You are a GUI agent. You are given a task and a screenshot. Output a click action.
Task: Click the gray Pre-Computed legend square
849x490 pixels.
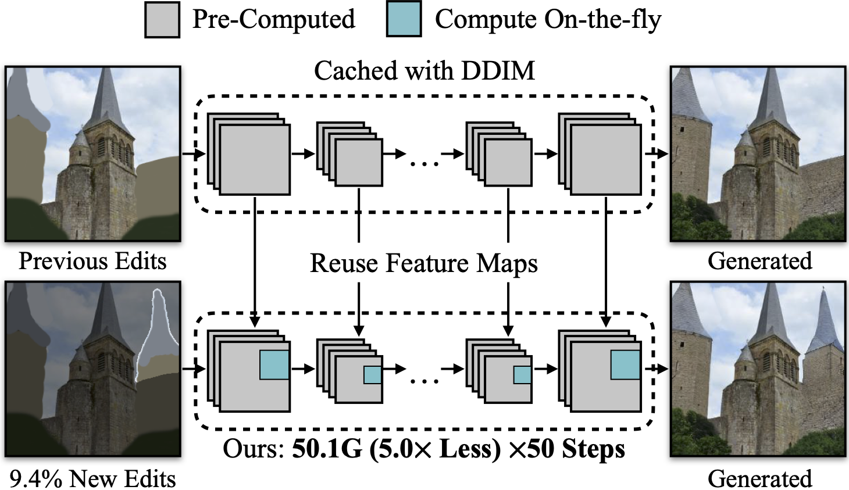click(x=162, y=20)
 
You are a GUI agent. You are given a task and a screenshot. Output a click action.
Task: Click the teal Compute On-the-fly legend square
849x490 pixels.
click(x=404, y=20)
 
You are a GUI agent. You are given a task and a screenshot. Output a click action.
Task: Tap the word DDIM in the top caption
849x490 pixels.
click(x=498, y=71)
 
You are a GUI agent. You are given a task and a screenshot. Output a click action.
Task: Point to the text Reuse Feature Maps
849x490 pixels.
click(x=423, y=263)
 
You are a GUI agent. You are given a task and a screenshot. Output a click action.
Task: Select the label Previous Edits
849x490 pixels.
click(x=92, y=261)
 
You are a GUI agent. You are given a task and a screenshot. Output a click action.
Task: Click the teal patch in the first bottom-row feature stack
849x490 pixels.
click(x=274, y=365)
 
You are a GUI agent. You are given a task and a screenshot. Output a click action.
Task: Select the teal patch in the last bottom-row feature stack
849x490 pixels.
click(x=625, y=365)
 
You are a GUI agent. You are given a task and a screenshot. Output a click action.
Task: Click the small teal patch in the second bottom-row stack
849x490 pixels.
click(x=372, y=375)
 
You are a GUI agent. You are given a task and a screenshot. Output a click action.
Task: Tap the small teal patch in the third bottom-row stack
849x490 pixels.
click(x=522, y=375)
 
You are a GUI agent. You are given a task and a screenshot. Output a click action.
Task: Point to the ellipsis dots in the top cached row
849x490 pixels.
click(x=424, y=164)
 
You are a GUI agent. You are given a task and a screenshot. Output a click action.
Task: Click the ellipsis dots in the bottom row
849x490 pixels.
click(x=424, y=381)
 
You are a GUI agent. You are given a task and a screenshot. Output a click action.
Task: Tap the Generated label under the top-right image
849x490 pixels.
click(x=759, y=261)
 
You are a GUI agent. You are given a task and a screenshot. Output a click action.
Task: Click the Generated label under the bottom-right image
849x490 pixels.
click(x=759, y=478)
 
